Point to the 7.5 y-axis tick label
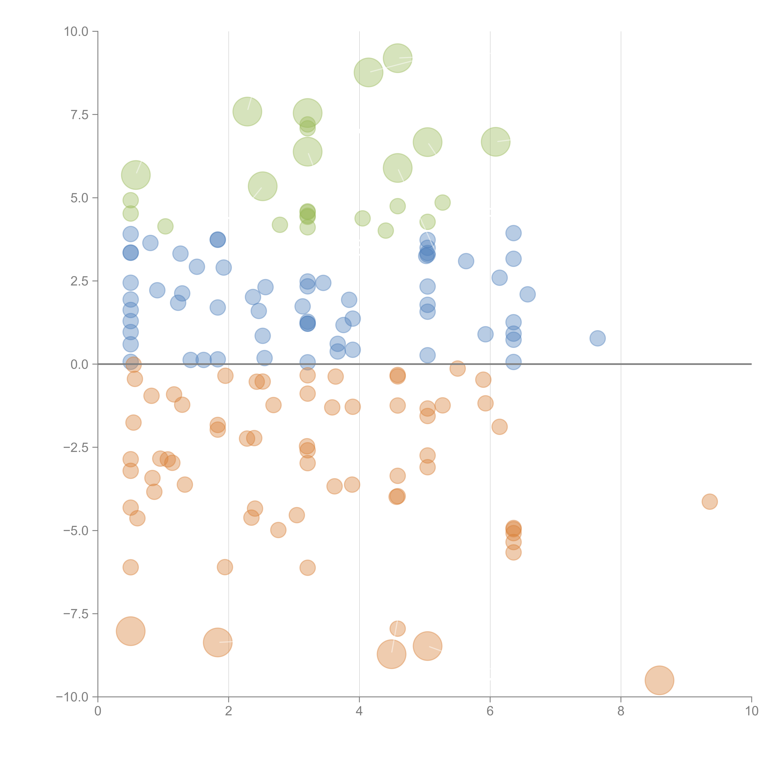(x=79, y=115)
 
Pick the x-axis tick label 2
(x=229, y=711)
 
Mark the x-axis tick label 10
(x=751, y=711)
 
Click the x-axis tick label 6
(x=490, y=711)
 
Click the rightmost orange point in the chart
(x=710, y=502)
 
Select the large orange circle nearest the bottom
(x=659, y=680)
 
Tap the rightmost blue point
(x=597, y=338)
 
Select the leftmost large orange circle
(x=130, y=631)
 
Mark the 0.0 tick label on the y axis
(x=79, y=364)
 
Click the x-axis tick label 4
(x=359, y=711)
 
